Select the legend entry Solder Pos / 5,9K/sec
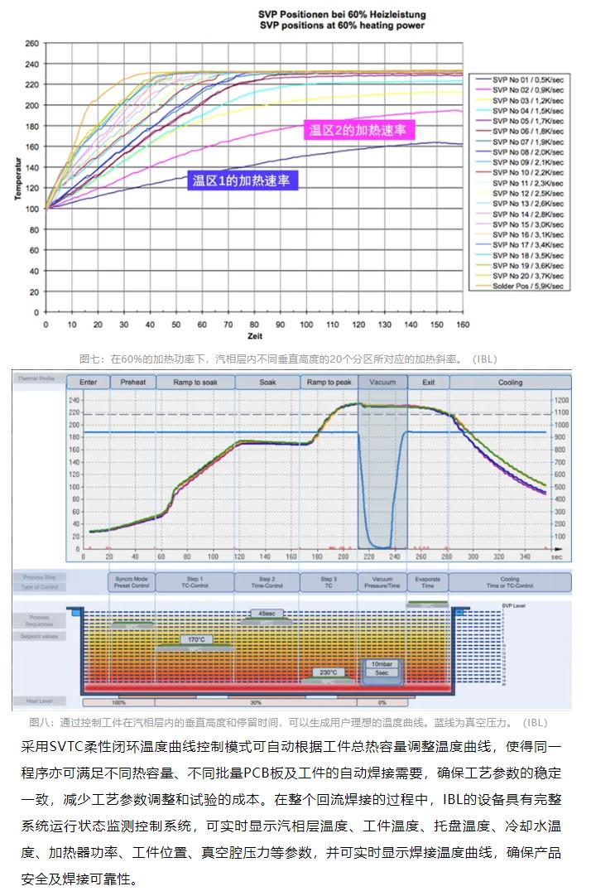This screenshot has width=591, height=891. [x=527, y=286]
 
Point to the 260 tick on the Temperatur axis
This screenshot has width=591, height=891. [x=32, y=43]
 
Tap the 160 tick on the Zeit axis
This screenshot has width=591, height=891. [x=462, y=325]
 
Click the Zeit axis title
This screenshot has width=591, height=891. [x=254, y=337]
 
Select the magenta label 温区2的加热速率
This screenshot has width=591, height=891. [x=360, y=130]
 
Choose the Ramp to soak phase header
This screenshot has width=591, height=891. [x=196, y=383]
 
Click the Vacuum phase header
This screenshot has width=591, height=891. [x=382, y=383]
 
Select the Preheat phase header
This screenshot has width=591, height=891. [x=132, y=383]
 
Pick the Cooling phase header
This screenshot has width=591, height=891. [x=510, y=383]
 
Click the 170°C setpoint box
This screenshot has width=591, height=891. [x=195, y=639]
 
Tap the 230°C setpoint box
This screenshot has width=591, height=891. [x=329, y=672]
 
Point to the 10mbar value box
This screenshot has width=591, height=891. [x=382, y=664]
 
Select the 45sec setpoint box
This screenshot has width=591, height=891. [x=267, y=614]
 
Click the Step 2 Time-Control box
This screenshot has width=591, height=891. [x=267, y=582]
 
